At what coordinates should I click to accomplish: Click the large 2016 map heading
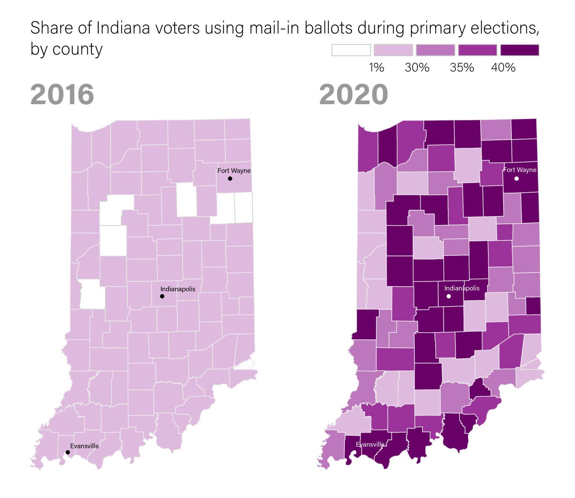62,94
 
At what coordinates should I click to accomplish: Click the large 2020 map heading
353,94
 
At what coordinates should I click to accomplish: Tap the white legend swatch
351,50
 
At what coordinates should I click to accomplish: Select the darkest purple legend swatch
520,50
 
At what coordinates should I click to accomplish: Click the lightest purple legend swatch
393,50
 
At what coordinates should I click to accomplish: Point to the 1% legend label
376,68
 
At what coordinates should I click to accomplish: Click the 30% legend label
417,68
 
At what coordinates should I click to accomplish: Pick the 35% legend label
462,68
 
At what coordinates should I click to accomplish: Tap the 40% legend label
503,68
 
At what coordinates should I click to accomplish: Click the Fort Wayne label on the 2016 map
234,171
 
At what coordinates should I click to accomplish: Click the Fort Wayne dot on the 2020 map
516,179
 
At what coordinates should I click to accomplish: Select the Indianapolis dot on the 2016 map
162,296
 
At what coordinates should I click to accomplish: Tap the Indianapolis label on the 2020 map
462,288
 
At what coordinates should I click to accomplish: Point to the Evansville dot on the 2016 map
68,452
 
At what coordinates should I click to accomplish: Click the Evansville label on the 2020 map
370,444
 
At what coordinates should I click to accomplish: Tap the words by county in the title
66,49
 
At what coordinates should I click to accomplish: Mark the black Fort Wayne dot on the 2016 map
230,179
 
